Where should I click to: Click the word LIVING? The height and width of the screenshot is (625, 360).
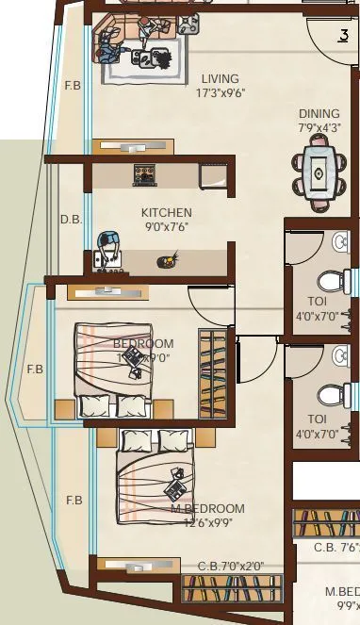coord(220,78)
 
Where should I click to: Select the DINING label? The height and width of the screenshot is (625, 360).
coord(319,113)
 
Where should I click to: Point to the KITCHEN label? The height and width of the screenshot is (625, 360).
coord(167,213)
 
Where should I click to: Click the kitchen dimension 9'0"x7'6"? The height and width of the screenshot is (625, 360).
coord(167,227)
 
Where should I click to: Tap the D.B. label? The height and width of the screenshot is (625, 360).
coord(72,220)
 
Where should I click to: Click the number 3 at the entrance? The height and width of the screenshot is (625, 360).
coord(343,37)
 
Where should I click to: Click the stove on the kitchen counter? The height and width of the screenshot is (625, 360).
coord(145,174)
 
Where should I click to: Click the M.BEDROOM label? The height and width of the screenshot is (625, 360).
coord(207,509)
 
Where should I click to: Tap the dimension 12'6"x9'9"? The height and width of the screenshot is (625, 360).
coord(207,523)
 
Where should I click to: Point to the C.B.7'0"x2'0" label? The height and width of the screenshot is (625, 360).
coord(231,567)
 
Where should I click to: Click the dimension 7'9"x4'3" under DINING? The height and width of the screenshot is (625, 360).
coord(319,127)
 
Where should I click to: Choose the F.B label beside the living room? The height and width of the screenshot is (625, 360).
coord(72,87)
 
